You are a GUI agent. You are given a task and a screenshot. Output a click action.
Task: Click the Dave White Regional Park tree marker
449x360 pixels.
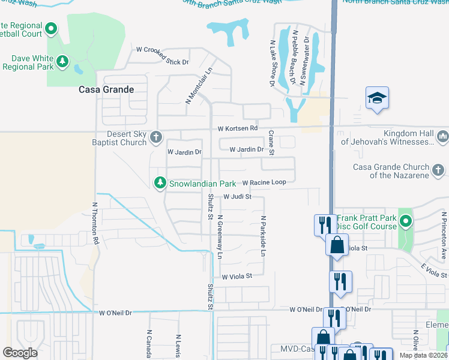pos(62,62)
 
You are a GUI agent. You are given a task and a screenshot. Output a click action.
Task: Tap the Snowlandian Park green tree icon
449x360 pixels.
pos(160,182)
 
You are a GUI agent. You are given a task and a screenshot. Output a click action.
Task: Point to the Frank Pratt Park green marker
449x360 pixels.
pos(406,222)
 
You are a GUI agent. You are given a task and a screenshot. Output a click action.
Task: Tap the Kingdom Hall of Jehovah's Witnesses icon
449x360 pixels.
pos(443,137)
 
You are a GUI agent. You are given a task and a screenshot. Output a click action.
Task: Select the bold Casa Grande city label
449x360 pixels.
pos(106,89)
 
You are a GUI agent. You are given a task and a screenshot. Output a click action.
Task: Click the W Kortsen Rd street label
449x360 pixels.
pos(237,128)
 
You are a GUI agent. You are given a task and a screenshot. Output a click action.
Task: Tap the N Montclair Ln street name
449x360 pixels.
pos(199,85)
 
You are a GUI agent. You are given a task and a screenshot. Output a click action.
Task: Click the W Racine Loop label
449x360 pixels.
pos(268,182)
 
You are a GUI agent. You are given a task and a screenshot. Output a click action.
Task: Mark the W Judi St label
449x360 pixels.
pos(237,196)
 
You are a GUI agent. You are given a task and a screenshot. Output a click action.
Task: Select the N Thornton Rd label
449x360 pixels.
pos(95,222)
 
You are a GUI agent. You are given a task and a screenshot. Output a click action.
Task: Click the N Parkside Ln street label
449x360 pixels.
pos(263,236)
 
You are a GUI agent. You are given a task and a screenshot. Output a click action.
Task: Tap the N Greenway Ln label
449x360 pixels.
pos(220,237)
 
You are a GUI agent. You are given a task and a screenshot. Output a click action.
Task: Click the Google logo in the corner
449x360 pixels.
pos(20,352)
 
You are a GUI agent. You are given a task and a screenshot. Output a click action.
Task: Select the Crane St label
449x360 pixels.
pos(271,143)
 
